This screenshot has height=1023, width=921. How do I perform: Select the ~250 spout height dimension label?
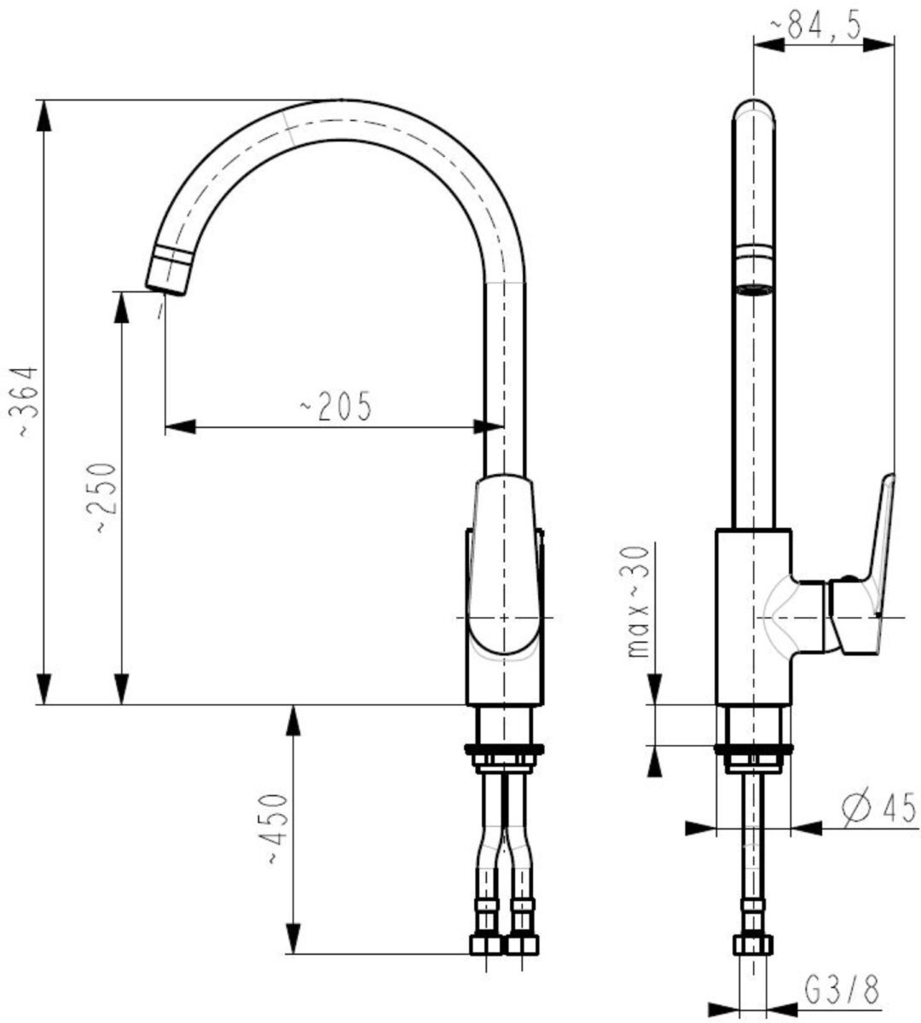(104, 498)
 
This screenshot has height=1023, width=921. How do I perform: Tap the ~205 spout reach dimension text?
(336, 407)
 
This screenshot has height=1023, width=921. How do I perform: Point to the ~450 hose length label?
(274, 829)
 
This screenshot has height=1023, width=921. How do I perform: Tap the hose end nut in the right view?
(753, 945)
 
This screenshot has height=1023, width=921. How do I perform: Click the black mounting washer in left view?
(504, 750)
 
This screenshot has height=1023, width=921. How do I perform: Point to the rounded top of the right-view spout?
(754, 106)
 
